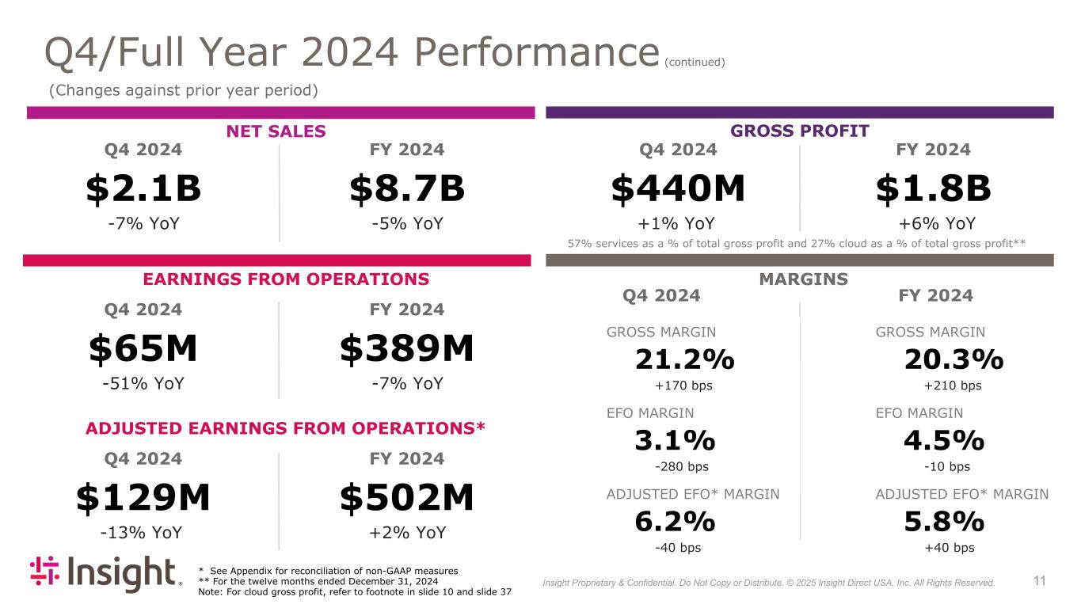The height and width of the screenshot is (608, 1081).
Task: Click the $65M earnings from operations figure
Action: point(143,349)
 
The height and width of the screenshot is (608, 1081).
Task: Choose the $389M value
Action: point(407,349)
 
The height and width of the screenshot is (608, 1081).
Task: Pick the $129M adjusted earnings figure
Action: point(143,498)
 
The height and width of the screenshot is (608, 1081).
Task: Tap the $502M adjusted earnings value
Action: point(407,498)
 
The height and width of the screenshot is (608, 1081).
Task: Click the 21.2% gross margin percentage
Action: point(684,360)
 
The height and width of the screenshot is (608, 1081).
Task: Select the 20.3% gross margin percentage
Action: point(953,360)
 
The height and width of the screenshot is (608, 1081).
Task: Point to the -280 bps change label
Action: point(683,466)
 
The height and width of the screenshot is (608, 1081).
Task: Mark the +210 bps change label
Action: point(953,386)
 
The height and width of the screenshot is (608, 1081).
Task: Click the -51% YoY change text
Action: point(143,384)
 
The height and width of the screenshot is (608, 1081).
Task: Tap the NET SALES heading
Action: point(276,131)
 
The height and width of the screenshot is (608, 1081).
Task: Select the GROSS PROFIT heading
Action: point(800,131)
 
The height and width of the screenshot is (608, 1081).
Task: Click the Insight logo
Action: point(105,573)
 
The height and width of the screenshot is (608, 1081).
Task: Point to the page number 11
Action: point(1040,581)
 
